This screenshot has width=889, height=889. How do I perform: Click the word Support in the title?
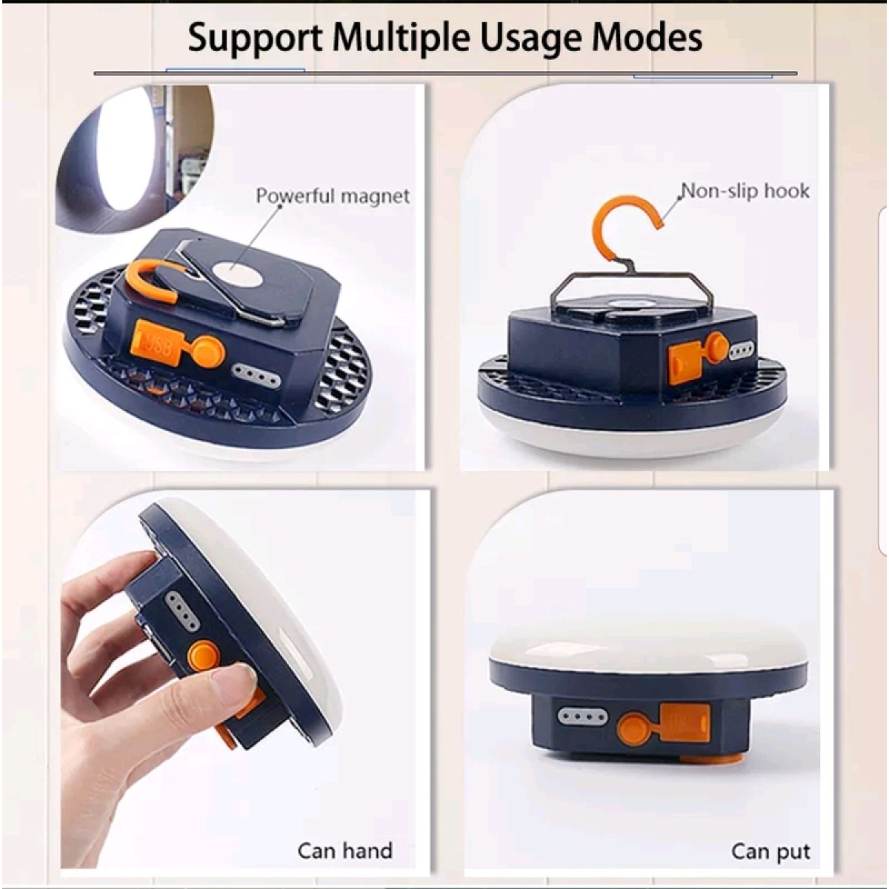[x=255, y=39]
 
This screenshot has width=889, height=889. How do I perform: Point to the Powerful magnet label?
[x=333, y=196]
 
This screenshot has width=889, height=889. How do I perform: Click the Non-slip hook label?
[x=745, y=191]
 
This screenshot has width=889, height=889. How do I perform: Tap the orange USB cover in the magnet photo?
[x=156, y=344]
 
